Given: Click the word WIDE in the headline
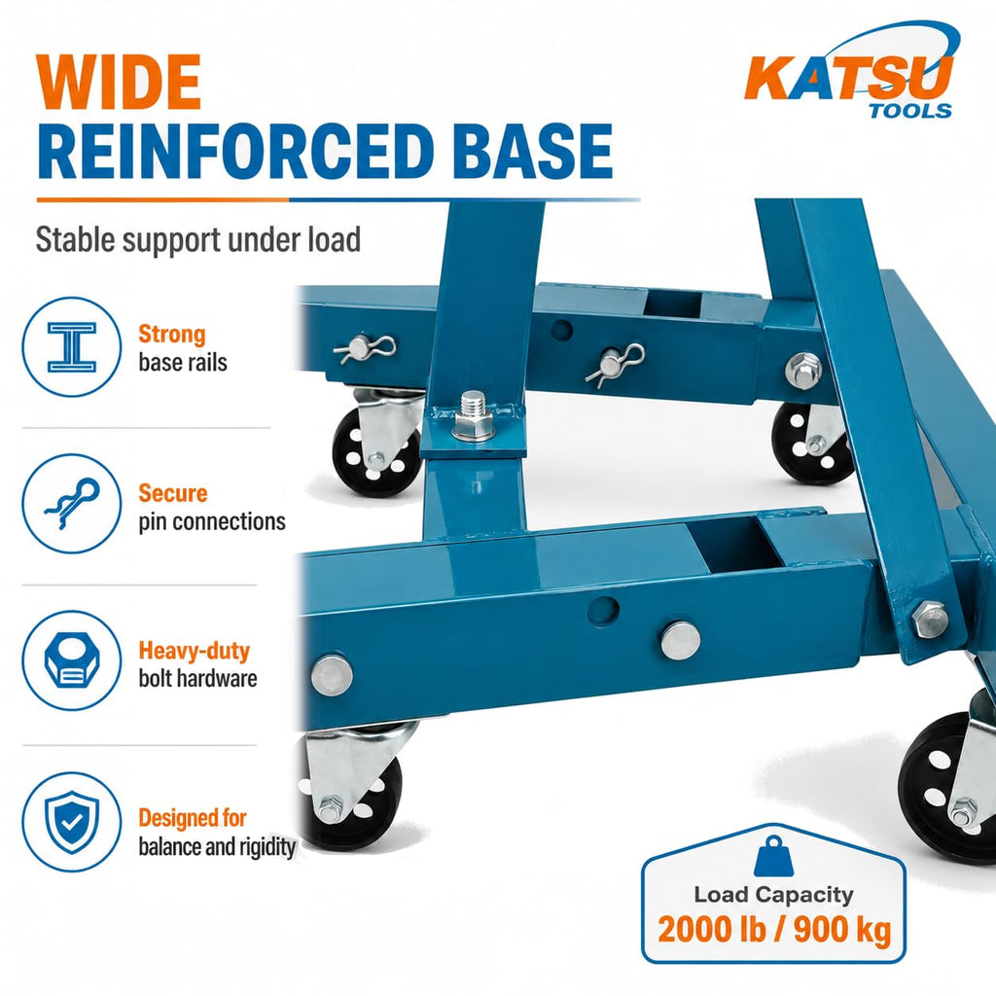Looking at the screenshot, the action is pyautogui.click(x=118, y=83).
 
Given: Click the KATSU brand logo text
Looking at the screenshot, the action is pyautogui.click(x=848, y=78).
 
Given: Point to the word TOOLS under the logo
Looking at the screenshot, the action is pyautogui.click(x=910, y=111).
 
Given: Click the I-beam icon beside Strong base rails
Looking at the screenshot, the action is pyautogui.click(x=72, y=347).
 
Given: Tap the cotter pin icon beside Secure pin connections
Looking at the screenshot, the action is pyautogui.click(x=72, y=504).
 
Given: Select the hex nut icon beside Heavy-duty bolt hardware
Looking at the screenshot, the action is pyautogui.click(x=72, y=660).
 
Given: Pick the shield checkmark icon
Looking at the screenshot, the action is pyautogui.click(x=72, y=822).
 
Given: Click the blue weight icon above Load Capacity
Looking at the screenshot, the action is pyautogui.click(x=773, y=857).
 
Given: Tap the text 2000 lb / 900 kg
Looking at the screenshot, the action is pyautogui.click(x=774, y=930).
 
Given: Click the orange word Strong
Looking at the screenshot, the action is pyautogui.click(x=172, y=335).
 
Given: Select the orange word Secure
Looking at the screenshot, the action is pyautogui.click(x=173, y=493).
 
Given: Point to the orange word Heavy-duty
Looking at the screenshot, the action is pyautogui.click(x=195, y=651).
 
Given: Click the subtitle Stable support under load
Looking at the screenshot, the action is pyautogui.click(x=198, y=240).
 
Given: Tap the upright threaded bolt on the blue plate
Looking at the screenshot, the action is pyautogui.click(x=473, y=416).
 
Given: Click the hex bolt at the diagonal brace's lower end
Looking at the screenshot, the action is pyautogui.click(x=931, y=619).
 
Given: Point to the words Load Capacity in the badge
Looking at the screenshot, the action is pyautogui.click(x=773, y=895).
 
